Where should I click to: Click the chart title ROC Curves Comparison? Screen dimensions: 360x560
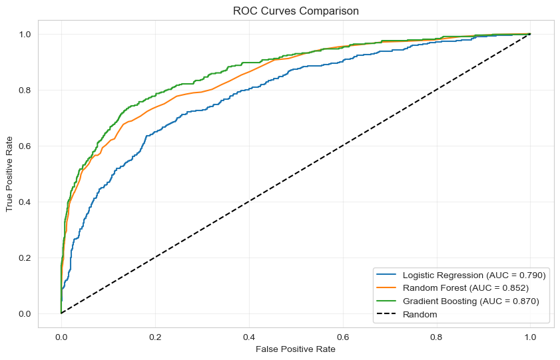click(x=296, y=11)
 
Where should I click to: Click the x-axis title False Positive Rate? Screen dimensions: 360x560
click(x=296, y=349)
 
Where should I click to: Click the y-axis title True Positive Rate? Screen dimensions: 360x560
click(x=10, y=174)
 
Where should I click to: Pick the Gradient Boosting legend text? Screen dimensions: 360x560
click(x=470, y=301)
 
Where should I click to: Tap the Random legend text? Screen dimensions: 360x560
click(x=420, y=314)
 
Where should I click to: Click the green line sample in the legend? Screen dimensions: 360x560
click(x=387, y=301)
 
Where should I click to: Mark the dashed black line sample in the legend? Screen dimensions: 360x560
click(x=387, y=314)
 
